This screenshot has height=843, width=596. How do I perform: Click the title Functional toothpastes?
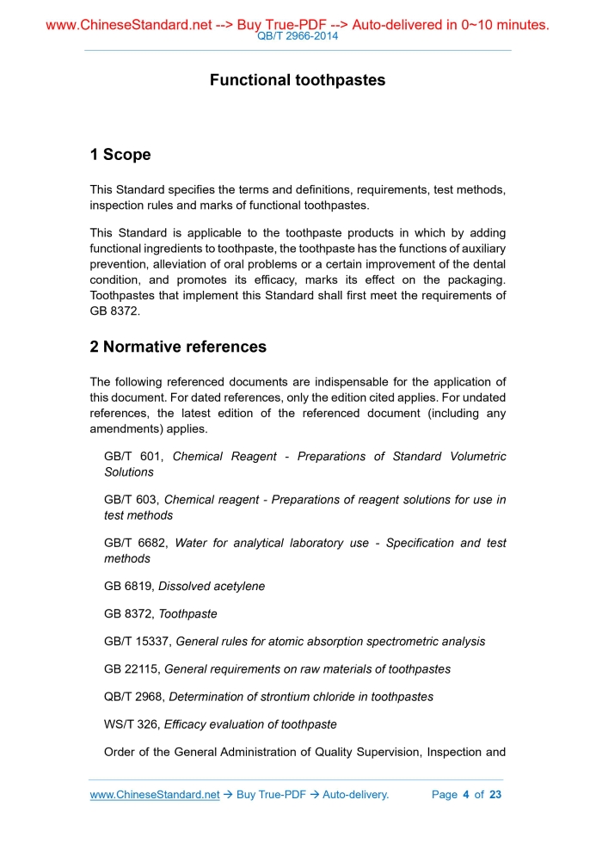(298, 80)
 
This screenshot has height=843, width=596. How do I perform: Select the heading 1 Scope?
(120, 155)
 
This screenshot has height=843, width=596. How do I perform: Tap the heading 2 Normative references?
(178, 348)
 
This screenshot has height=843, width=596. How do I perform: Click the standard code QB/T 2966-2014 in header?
(298, 36)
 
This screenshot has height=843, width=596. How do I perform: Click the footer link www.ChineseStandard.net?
(155, 795)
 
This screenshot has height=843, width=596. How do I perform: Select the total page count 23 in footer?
(495, 795)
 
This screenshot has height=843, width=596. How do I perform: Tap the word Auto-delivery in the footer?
(355, 795)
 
